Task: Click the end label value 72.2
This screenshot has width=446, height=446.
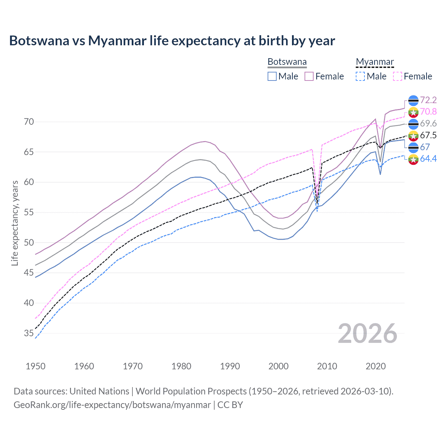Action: (428, 100)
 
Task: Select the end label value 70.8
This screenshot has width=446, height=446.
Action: (428, 111)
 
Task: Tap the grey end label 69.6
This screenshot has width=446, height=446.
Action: (428, 123)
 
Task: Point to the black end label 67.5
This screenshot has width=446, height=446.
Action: (428, 135)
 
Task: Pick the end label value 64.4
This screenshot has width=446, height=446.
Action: (428, 159)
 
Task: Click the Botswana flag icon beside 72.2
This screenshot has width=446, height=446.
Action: (413, 100)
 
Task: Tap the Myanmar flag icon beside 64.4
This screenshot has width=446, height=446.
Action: (413, 159)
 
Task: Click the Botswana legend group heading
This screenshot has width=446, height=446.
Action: (287, 62)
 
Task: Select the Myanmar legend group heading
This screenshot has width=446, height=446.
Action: (375, 62)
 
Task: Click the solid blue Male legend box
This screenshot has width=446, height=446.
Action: (272, 76)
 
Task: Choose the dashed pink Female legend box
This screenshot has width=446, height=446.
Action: (398, 76)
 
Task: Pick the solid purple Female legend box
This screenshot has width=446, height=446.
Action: (309, 76)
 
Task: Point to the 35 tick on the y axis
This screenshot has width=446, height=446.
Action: (29, 333)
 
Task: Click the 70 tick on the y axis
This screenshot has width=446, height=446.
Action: (29, 122)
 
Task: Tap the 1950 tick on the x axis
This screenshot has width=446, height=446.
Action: (36, 366)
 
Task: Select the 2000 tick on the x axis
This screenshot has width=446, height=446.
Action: (278, 366)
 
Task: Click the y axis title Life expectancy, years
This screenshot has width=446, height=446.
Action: (15, 223)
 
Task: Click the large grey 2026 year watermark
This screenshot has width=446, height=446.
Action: (368, 333)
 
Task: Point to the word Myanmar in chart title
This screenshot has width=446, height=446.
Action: (117, 40)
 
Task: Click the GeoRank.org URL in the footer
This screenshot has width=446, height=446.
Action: (112, 405)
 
